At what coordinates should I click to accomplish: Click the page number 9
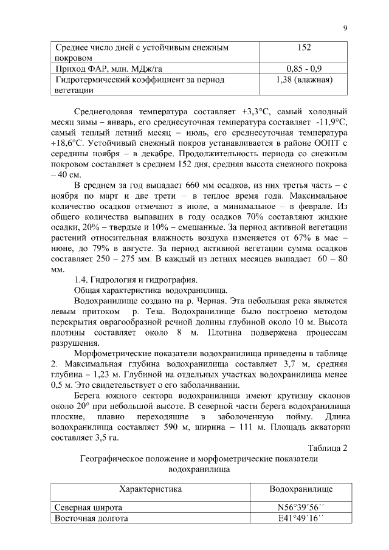[345, 28]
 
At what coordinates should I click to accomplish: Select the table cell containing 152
[304, 47]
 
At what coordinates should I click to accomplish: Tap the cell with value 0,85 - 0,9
[304, 69]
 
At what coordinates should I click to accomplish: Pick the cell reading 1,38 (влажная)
[304, 80]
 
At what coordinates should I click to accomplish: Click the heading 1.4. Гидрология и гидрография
[135, 280]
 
